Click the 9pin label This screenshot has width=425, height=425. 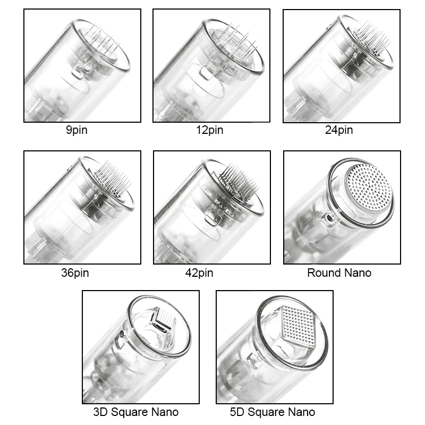[x=76, y=130]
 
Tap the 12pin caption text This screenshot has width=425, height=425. [x=209, y=130]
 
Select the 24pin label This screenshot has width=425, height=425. [x=339, y=130]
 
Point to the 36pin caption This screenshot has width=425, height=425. [x=75, y=273]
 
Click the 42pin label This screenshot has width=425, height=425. [x=199, y=273]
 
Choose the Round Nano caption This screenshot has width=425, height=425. [x=339, y=273]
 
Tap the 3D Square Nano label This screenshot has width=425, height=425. [x=136, y=412]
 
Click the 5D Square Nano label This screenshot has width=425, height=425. [x=273, y=412]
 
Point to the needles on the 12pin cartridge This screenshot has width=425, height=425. [x=237, y=41]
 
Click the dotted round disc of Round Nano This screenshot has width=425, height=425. [x=369, y=187]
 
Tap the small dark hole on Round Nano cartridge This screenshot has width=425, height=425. [x=330, y=217]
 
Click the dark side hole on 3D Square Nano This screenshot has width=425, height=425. [x=122, y=334]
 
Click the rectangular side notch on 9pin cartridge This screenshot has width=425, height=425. [x=78, y=72]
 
